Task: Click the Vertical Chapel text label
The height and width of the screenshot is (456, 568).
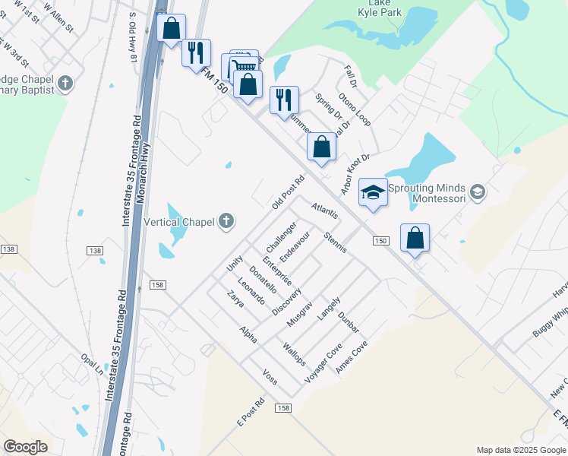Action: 179,222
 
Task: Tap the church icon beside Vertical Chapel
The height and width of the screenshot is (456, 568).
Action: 226,222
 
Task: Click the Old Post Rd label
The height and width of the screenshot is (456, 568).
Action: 288,194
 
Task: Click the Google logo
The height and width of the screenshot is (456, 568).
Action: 25,448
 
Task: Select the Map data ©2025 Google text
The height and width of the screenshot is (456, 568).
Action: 520,450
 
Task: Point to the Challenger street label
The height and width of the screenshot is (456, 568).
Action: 280,238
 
